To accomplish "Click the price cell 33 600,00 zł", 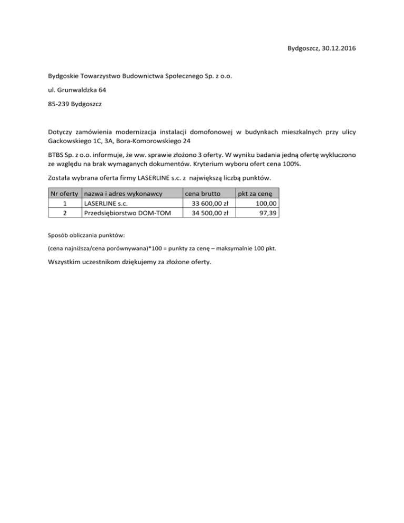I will point(210,203).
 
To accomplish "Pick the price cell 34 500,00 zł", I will point(210,213).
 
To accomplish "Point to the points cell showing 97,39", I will point(270,213).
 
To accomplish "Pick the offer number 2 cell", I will point(64,213).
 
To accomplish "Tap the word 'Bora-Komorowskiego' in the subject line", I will point(145,142).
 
